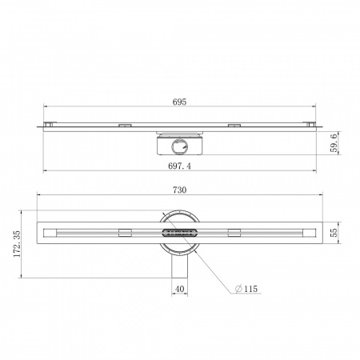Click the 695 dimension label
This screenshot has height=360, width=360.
(x=179, y=102)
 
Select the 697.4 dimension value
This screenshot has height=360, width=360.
(x=179, y=166)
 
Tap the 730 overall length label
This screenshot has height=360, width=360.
(x=179, y=190)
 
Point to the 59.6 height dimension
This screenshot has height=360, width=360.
(x=334, y=143)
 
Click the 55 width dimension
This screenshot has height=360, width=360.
(x=334, y=233)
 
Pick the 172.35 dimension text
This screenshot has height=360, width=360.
(x=17, y=244)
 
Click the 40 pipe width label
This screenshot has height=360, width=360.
(x=179, y=289)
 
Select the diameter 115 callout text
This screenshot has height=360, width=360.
(x=246, y=289)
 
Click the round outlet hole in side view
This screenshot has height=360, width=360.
(x=179, y=146)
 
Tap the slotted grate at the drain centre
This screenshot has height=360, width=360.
(x=179, y=232)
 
